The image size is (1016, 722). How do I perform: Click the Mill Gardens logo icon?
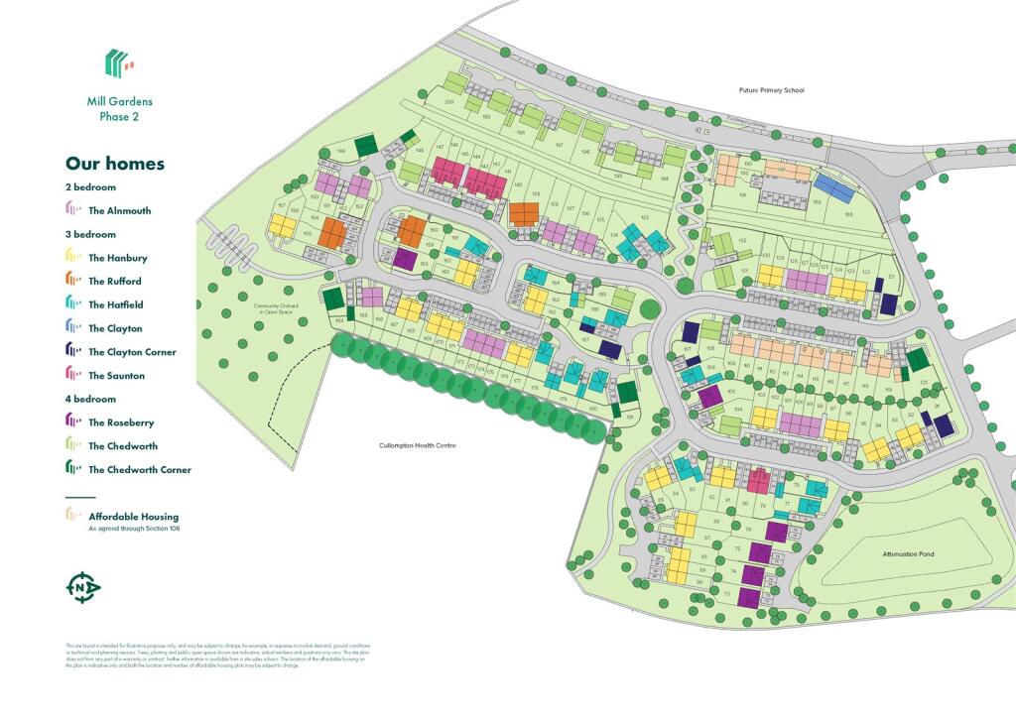120,63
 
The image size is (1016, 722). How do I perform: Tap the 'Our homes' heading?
115,164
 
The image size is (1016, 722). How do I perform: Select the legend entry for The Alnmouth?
119,210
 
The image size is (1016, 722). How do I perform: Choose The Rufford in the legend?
115,282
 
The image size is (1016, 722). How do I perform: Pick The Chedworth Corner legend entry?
139,470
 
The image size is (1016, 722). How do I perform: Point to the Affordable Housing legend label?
134,517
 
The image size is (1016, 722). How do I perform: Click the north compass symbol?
83,588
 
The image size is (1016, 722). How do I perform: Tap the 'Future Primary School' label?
771,90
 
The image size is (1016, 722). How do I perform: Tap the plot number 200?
448,102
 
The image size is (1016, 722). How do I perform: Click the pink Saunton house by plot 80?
758,481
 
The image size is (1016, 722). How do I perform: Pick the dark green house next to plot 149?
366,146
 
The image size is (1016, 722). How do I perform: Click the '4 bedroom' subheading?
90,399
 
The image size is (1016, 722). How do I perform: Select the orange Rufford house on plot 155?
332,233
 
